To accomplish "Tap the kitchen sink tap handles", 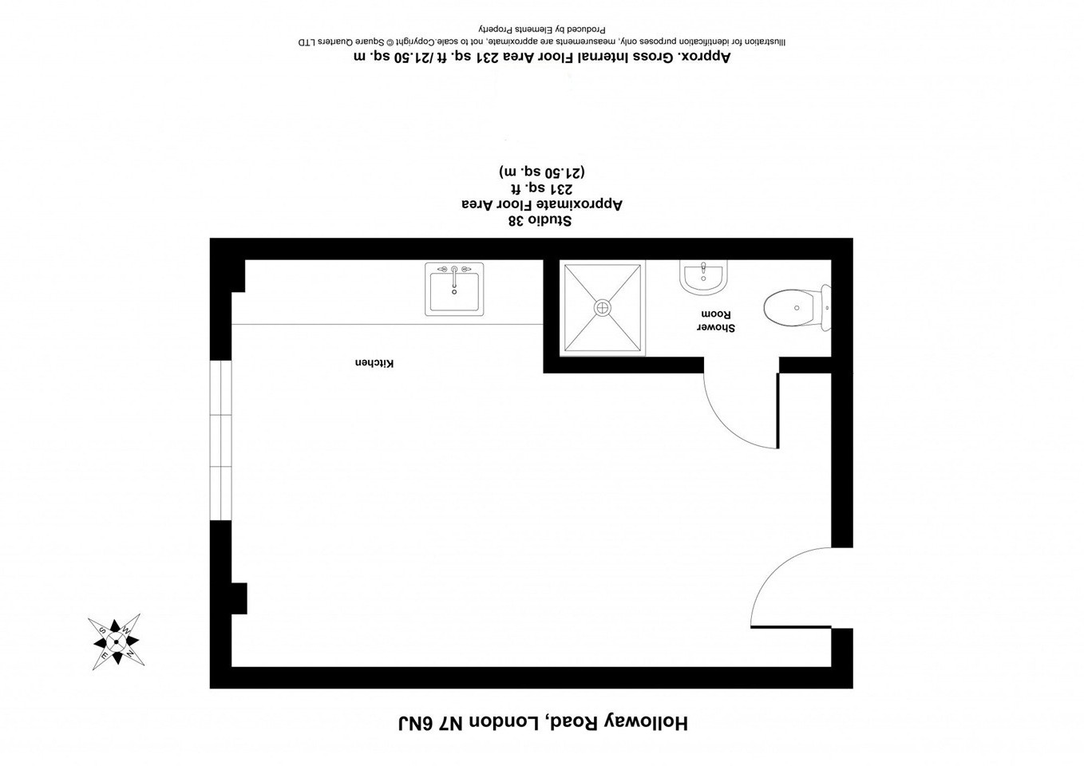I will click(454, 270).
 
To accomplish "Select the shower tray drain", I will click(602, 307).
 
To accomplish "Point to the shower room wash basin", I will click(702, 277).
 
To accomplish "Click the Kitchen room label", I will click(374, 363).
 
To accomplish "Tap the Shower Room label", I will click(716, 321).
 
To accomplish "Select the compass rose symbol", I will click(116, 642).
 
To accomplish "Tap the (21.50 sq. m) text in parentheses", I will click(542, 172).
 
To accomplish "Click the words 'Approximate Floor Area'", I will click(542, 204).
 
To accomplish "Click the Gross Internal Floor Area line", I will click(542, 57).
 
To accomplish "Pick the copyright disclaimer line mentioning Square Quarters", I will click(542, 41).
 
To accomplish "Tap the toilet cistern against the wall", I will click(826, 307).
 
